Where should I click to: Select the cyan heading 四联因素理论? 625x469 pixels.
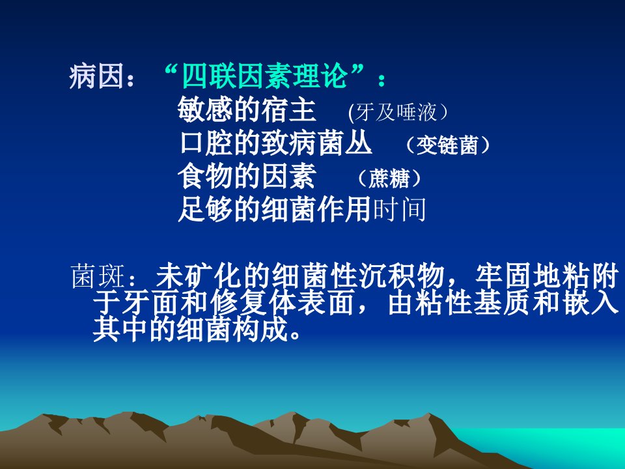click(265, 76)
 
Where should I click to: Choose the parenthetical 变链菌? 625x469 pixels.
click(447, 145)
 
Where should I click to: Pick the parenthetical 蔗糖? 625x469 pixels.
click(389, 178)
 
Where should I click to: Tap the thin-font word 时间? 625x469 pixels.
click(399, 210)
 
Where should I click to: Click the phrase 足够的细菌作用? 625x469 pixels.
click(275, 210)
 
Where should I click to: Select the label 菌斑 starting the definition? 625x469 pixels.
click(98, 276)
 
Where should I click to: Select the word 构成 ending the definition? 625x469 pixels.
click(262, 330)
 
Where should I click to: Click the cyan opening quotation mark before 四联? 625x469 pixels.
click(170, 72)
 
